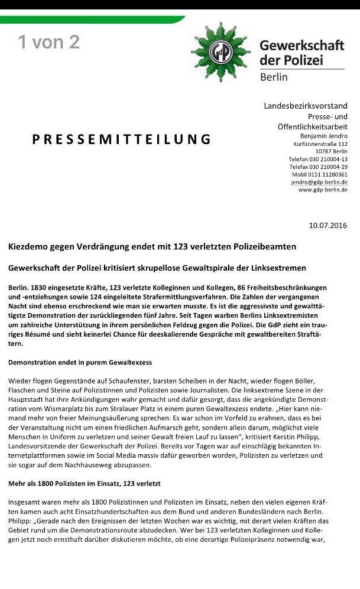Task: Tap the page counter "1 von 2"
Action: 48,42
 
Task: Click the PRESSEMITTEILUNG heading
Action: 122,139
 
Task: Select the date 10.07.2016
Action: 328,225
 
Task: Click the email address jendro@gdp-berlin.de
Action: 319,182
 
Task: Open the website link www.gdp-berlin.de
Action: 323,190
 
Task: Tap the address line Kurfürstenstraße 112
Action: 320,144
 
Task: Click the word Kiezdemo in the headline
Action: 28,246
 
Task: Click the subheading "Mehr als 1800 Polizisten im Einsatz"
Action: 84,483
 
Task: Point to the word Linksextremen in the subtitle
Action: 297,268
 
